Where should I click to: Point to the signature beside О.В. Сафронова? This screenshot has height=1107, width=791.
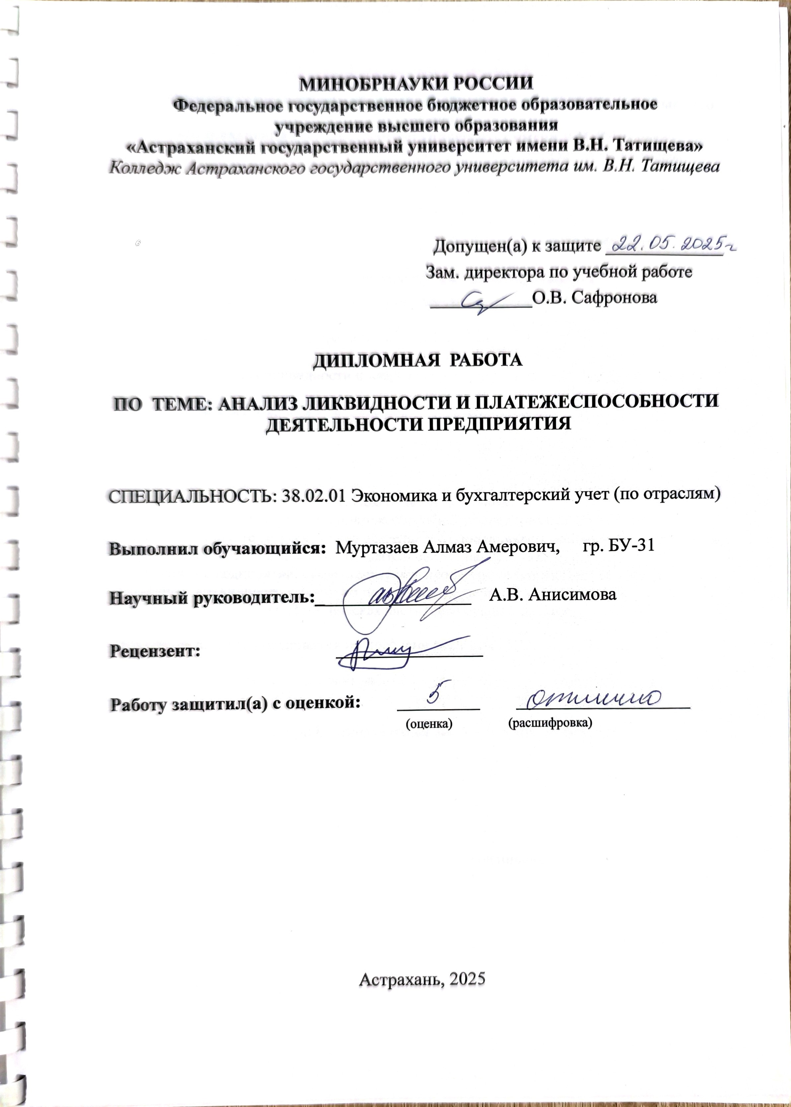(487, 302)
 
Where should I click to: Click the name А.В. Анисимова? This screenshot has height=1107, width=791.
(552, 594)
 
